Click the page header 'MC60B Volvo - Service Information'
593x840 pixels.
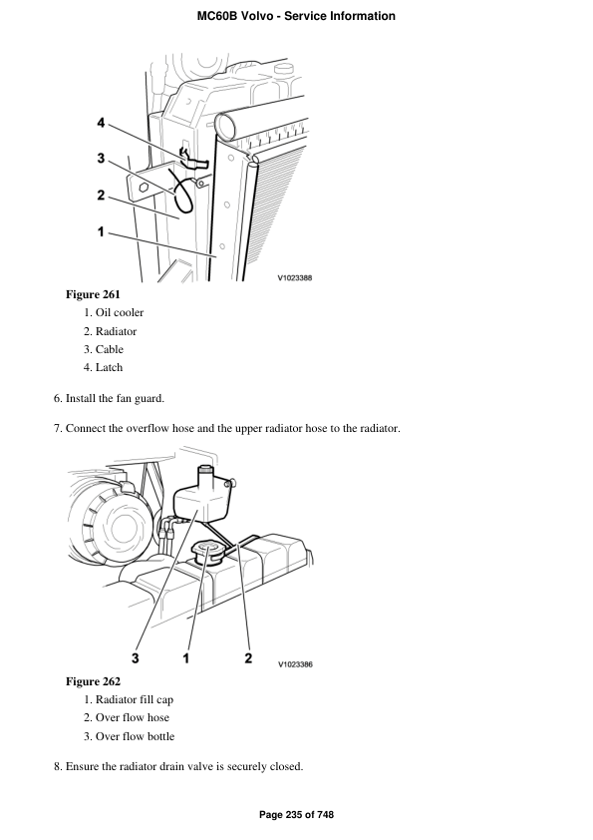(296, 16)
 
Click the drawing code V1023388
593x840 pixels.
(295, 278)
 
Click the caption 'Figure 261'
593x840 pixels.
(93, 294)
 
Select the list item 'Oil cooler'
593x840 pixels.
(120, 313)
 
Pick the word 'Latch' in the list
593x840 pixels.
(110, 367)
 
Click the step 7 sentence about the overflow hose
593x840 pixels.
(232, 429)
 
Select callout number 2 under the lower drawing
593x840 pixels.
(247, 657)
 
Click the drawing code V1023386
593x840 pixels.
(295, 663)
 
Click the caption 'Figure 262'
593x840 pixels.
(93, 681)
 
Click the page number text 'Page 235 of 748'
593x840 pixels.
(296, 815)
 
